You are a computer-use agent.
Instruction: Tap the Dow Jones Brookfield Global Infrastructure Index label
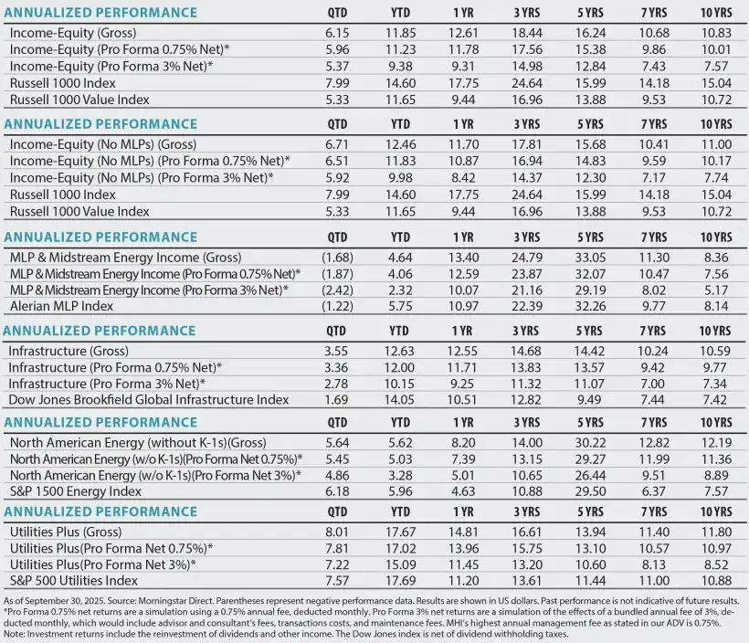149,399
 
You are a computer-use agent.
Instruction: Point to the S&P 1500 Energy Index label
65,490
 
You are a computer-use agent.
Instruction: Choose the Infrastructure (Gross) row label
69,350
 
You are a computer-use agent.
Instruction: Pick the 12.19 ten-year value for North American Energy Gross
718,440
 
